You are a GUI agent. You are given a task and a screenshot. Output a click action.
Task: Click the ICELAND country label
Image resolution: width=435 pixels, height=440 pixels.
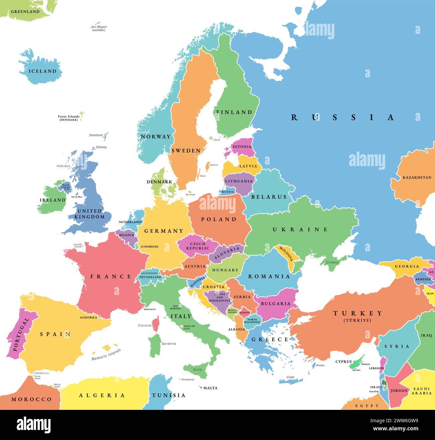[x=42, y=71]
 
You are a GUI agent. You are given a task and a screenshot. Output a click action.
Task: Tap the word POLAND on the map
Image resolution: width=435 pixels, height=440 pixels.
[x=219, y=219]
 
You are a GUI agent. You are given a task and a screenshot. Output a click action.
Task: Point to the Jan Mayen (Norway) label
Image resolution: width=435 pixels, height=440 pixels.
[x=99, y=28]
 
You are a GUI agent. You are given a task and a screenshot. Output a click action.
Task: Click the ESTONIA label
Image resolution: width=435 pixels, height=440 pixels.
[x=242, y=147]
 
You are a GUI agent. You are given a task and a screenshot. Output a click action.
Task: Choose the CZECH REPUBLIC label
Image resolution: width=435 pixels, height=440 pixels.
[x=197, y=246]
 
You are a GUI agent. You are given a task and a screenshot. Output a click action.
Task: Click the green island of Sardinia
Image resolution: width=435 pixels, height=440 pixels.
[x=154, y=345]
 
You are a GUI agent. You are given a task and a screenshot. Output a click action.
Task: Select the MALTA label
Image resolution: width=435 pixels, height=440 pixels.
[x=210, y=388]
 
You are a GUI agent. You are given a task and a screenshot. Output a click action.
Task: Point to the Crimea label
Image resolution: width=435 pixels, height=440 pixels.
[x=332, y=262]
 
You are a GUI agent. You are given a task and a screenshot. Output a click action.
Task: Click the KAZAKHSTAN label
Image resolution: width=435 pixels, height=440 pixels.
[x=417, y=177]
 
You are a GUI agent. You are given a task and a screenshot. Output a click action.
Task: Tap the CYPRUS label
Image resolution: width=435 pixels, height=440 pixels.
[x=344, y=362]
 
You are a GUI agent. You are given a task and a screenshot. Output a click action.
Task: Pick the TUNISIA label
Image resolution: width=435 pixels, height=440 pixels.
[x=169, y=395]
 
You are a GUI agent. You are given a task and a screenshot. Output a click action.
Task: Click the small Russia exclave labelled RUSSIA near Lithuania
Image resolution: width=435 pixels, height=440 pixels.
[x=228, y=192]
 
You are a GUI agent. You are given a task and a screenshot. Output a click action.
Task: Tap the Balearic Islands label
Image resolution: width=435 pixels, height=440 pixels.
[x=106, y=355]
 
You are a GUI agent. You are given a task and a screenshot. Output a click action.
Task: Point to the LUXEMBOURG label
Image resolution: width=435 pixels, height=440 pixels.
[x=150, y=246]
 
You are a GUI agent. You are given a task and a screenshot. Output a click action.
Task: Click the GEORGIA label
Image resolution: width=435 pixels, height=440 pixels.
[x=407, y=266]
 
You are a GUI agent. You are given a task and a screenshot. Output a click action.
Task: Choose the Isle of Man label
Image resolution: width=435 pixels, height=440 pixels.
[x=77, y=197]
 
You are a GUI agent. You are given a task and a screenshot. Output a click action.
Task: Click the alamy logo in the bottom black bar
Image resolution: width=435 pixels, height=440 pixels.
[x=33, y=425]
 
